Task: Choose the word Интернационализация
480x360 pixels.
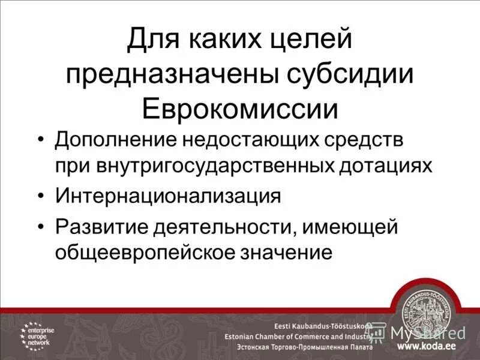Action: point(168,196)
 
